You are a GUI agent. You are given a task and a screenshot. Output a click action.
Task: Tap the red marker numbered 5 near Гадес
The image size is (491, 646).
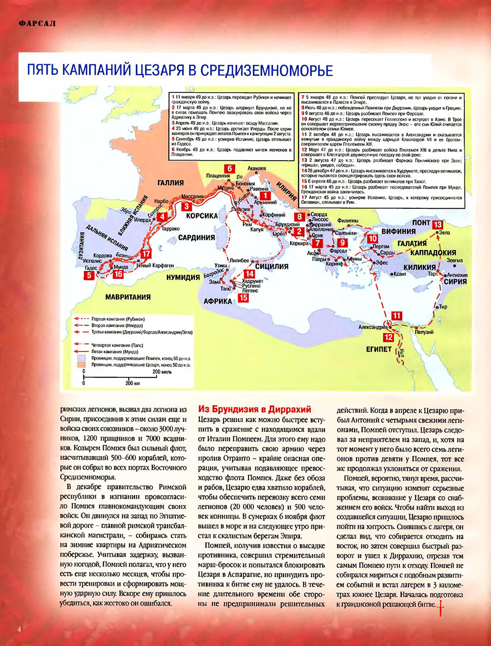[x=89, y=276]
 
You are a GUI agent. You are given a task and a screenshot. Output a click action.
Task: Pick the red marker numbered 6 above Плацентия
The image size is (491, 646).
[x=230, y=168]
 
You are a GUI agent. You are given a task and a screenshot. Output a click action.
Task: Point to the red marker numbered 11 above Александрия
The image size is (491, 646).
[x=396, y=316]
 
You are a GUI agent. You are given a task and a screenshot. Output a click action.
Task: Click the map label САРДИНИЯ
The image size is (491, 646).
[x=196, y=237]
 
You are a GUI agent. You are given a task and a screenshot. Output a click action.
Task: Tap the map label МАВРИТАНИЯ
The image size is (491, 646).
[x=128, y=297]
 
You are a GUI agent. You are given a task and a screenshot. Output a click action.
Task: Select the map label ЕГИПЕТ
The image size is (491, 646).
[x=378, y=349]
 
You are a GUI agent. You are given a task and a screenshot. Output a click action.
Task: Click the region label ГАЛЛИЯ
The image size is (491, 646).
[x=170, y=183]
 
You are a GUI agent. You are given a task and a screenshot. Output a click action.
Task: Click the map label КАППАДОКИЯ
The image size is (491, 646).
[x=433, y=252]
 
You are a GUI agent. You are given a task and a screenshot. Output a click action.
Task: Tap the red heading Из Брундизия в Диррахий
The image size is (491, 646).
[x=254, y=409]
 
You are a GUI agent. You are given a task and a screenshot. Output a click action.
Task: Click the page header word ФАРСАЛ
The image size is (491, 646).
[x=35, y=23]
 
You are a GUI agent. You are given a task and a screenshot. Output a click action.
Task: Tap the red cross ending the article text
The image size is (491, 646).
[x=443, y=605]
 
